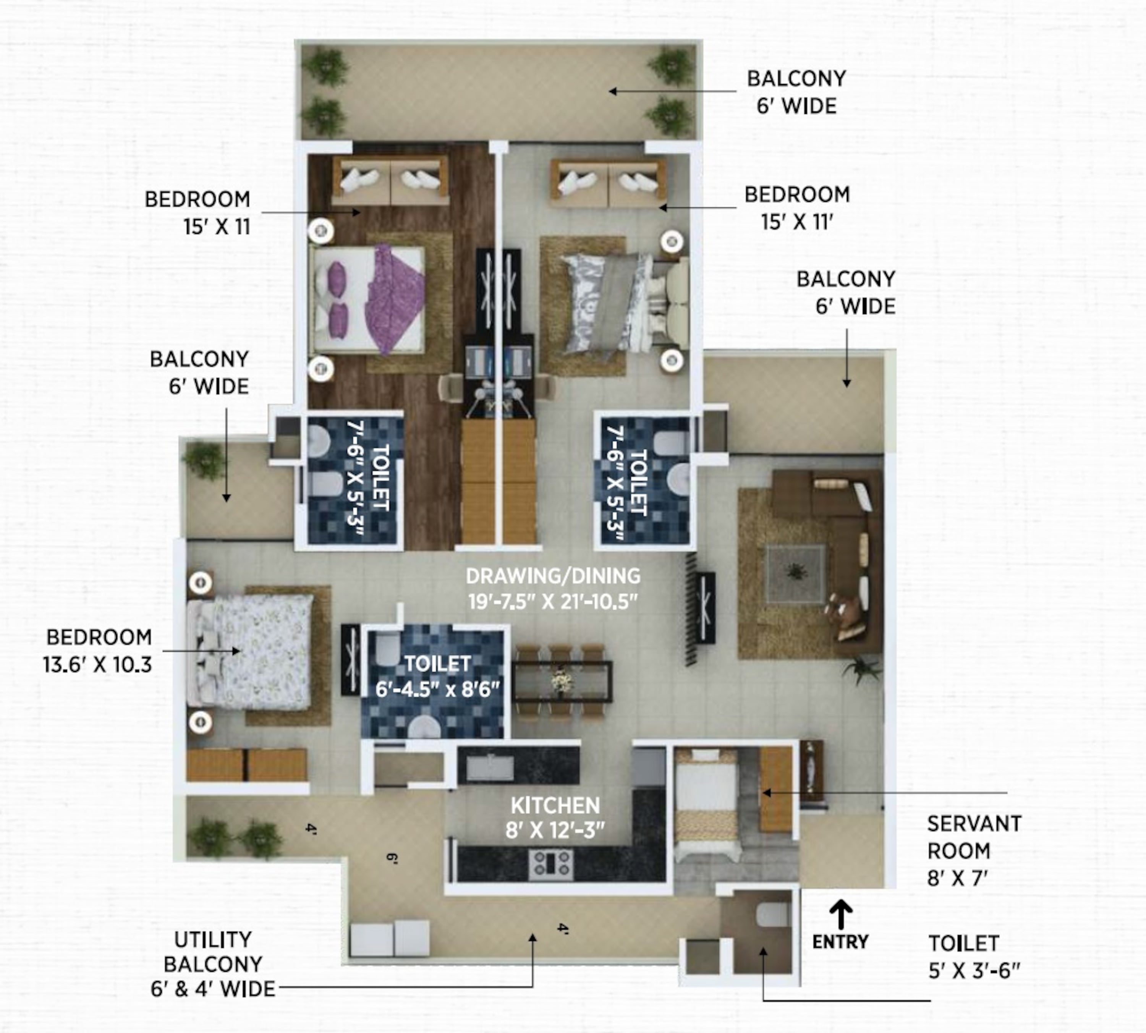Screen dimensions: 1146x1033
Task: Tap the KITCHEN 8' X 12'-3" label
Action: (555, 818)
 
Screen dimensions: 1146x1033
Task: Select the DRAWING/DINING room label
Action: (554, 576)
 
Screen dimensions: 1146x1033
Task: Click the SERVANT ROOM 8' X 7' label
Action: (974, 851)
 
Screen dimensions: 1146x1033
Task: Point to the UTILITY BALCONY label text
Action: (213, 964)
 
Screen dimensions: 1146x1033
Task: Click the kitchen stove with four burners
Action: (550, 864)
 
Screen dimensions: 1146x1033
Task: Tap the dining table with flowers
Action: (562, 681)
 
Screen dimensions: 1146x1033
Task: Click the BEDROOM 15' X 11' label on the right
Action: (797, 208)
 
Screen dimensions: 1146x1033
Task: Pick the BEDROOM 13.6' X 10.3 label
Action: (98, 651)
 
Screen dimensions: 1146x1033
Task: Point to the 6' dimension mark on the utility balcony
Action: (391, 858)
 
